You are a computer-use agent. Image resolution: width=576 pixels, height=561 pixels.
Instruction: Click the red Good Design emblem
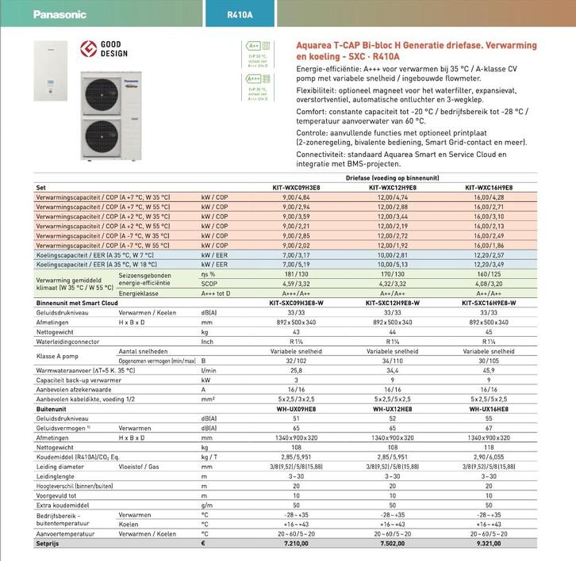pos(88,48)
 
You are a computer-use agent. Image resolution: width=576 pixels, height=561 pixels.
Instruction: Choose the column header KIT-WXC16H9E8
pos(489,188)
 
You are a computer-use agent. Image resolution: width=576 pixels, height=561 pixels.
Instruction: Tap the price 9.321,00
pos(489,543)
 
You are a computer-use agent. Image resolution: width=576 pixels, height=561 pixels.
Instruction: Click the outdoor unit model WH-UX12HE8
pos(391,409)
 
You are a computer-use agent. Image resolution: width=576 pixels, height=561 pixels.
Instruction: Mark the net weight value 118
pos(489,448)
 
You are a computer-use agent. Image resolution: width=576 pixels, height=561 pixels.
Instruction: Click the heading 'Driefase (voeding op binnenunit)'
pos(392,178)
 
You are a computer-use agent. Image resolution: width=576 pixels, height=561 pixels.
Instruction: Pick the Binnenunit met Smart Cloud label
pos(77,303)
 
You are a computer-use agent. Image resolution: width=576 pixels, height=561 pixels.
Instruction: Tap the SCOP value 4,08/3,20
pos(489,283)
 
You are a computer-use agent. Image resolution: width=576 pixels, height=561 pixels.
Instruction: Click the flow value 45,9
pos(489,370)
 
